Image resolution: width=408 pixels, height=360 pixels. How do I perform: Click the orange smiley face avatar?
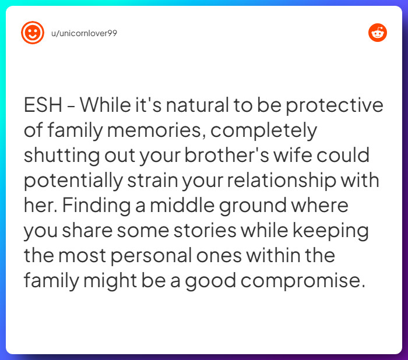[x=33, y=33]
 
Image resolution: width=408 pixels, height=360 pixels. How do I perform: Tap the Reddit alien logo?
[x=378, y=33]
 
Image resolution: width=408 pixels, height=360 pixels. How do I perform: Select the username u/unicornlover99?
[x=84, y=33]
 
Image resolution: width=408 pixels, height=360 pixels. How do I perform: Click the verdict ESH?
[x=43, y=105]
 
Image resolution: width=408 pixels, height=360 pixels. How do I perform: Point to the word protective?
[x=335, y=106]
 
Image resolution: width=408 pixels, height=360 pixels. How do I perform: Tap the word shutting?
[x=62, y=156]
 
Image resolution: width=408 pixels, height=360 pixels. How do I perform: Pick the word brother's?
[x=226, y=155]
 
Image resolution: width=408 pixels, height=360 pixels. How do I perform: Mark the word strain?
[x=153, y=180]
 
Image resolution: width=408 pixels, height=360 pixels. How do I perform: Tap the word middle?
[x=182, y=205]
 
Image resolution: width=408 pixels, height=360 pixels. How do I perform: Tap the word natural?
[x=198, y=105]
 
